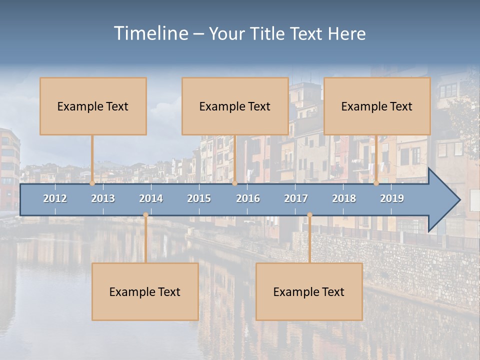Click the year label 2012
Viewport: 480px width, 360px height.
pyautogui.click(x=55, y=198)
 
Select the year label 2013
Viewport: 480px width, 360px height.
pyautogui.click(x=103, y=198)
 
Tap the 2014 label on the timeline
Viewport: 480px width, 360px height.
pyautogui.click(x=151, y=198)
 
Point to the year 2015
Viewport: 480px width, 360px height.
pyautogui.click(x=199, y=198)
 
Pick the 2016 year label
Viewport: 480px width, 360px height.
pyautogui.click(x=248, y=198)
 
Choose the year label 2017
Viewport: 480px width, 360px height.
pyautogui.click(x=296, y=198)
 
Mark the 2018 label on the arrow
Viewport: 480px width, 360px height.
pyautogui.click(x=344, y=198)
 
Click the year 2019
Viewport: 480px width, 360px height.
pyautogui.click(x=392, y=198)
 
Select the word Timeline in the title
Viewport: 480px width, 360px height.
pyautogui.click(x=150, y=33)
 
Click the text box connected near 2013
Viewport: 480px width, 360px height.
pyautogui.click(x=93, y=106)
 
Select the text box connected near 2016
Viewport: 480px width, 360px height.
pyautogui.click(x=235, y=106)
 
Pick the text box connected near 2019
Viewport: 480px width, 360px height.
pyautogui.click(x=377, y=106)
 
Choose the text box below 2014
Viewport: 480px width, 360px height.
pyautogui.click(x=145, y=291)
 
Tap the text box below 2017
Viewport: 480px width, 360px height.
pyautogui.click(x=309, y=291)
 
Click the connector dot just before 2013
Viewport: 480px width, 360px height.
pyautogui.click(x=92, y=183)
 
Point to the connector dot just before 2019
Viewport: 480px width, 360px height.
pyautogui.click(x=376, y=183)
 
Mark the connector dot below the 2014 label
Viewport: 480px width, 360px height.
pyautogui.click(x=145, y=215)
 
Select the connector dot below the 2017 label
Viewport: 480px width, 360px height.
pyautogui.click(x=309, y=215)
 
